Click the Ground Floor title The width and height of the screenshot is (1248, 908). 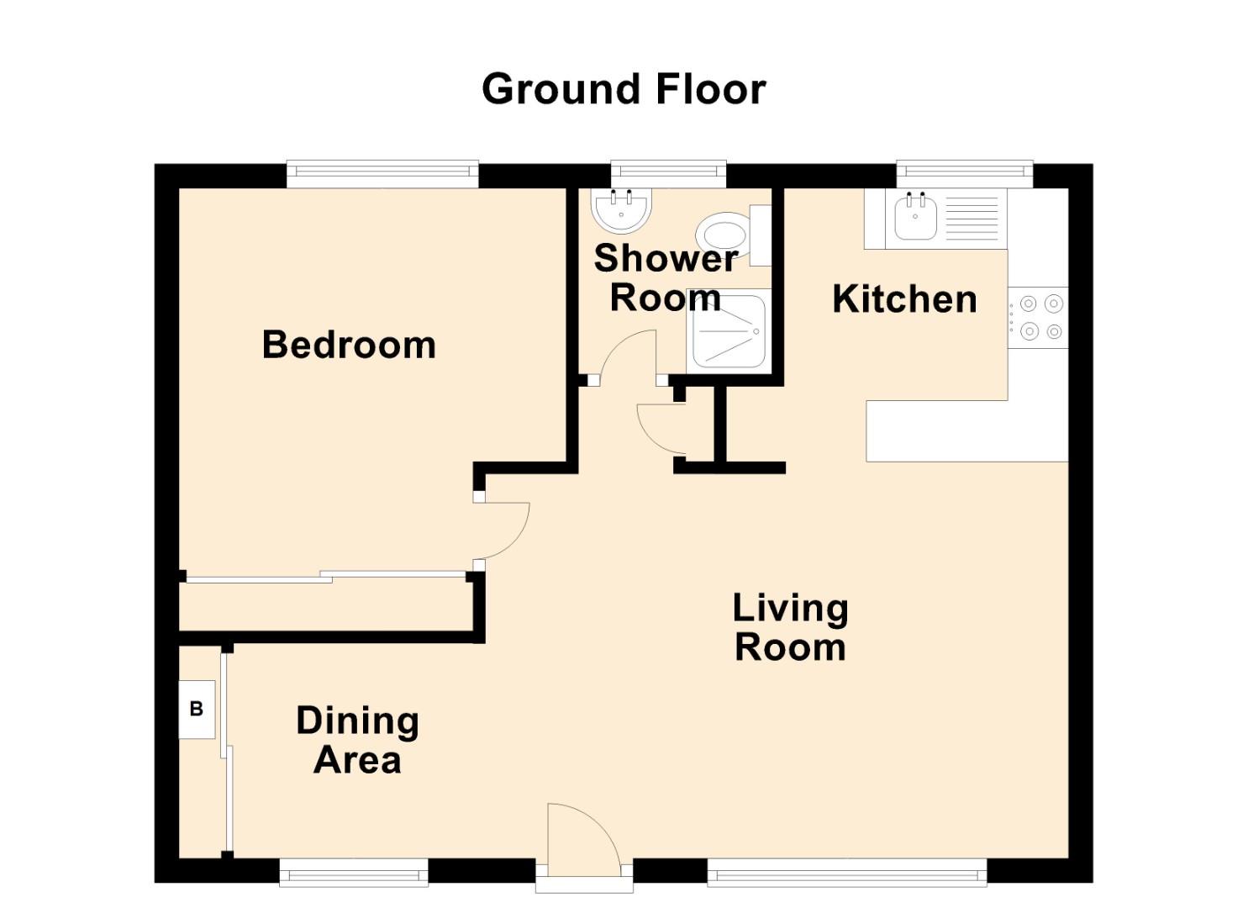[623, 89]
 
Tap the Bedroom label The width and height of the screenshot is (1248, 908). [349, 345]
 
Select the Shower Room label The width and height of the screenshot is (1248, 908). [665, 277]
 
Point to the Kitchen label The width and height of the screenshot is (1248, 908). [904, 299]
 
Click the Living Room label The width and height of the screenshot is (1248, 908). [790, 628]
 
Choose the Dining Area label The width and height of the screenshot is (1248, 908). [357, 741]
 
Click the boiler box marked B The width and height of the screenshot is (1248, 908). [197, 709]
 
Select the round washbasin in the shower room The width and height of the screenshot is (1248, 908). [621, 210]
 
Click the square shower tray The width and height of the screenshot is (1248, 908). [728, 331]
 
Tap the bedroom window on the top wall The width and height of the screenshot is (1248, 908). [382, 173]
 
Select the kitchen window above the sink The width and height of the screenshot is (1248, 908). [964, 173]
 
